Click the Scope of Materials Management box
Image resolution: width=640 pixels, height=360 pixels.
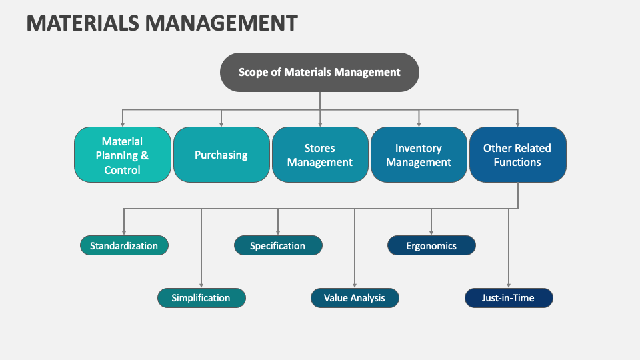click(319, 72)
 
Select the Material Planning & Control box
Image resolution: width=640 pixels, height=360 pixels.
click(122, 155)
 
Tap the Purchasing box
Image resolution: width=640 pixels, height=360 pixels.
click(221, 155)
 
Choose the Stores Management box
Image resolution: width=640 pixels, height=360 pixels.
click(319, 155)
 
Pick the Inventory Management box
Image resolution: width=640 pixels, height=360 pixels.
click(419, 155)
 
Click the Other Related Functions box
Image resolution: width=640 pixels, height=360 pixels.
click(517, 155)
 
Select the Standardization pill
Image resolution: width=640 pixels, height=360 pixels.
click(124, 245)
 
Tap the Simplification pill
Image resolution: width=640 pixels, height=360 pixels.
click(201, 298)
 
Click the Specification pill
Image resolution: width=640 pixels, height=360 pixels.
click(277, 245)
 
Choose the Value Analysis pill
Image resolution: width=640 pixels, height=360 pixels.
click(354, 298)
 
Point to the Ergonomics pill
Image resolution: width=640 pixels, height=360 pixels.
click(431, 245)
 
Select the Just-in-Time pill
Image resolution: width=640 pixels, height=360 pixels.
click(508, 298)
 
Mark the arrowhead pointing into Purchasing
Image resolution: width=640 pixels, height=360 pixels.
click(221, 123)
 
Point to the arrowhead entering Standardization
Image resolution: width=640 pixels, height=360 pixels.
click(124, 232)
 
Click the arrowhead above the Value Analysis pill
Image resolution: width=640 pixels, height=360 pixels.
click(355, 285)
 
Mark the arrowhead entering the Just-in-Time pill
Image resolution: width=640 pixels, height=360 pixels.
click(509, 285)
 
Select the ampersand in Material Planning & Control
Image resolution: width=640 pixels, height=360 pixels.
click(144, 155)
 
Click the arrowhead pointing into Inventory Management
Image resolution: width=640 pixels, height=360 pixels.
click(419, 123)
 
